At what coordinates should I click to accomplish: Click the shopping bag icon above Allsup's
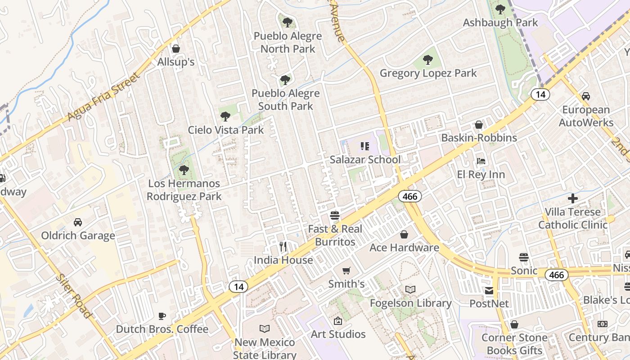(x=176, y=48)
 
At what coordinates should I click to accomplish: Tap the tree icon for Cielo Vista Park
(x=225, y=117)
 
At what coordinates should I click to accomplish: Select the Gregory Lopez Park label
(x=428, y=73)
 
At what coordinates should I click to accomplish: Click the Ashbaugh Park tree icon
(x=500, y=9)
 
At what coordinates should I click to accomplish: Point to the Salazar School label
(x=365, y=160)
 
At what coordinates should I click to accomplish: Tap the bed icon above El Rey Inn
(x=481, y=161)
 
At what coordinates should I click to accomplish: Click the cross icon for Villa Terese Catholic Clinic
(x=572, y=198)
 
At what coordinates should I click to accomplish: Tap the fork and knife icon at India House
(x=283, y=246)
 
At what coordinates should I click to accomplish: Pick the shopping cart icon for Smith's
(x=346, y=270)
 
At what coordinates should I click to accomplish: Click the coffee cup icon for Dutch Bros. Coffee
(x=162, y=316)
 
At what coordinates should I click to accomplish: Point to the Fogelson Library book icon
(x=410, y=289)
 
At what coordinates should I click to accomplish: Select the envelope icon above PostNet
(x=489, y=291)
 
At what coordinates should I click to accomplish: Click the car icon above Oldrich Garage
(x=78, y=222)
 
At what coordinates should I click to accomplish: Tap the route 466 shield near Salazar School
(x=409, y=196)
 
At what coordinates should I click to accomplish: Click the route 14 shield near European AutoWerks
(x=540, y=94)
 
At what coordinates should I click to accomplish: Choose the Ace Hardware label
(x=404, y=247)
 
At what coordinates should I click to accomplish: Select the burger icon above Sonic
(x=523, y=257)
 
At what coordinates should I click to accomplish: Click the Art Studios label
(x=338, y=334)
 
